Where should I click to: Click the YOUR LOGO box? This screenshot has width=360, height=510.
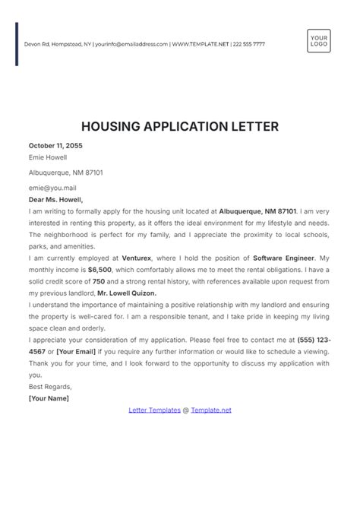coord(319,40)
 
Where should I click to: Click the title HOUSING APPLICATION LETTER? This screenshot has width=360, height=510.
coord(179,125)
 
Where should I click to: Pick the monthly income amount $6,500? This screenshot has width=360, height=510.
coord(99,271)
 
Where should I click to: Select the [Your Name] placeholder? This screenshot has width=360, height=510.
coord(49,398)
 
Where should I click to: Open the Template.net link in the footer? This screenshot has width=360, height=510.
coord(210,410)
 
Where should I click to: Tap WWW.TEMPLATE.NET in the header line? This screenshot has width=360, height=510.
coord(201,44)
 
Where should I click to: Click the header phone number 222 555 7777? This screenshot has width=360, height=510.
coord(248,44)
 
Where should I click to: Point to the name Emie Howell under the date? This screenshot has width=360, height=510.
coord(48,158)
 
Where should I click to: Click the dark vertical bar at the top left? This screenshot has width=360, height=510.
coord(17,44)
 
